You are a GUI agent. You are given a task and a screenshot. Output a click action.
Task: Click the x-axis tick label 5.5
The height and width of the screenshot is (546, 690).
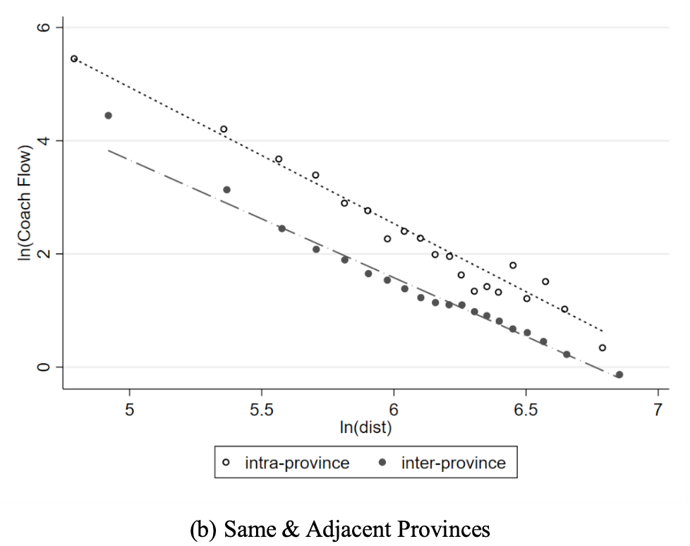pos(262,410)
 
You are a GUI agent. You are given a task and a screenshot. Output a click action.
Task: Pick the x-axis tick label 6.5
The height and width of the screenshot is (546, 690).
pos(526,410)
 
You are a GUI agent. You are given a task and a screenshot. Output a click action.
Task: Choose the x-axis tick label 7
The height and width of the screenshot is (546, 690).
pos(658,410)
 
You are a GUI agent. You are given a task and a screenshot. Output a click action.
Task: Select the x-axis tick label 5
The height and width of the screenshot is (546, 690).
pos(130,410)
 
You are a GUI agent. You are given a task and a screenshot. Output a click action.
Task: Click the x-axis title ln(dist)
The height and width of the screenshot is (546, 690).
pos(365,427)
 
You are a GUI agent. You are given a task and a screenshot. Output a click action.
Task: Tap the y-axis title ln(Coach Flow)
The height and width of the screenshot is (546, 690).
pos(25,205)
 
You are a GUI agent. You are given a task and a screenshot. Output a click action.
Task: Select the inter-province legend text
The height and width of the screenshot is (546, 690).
pos(454,463)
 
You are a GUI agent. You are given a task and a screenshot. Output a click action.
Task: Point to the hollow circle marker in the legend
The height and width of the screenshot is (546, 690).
pos(226,463)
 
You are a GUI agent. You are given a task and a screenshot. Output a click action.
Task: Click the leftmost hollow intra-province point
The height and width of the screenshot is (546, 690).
pos(74,59)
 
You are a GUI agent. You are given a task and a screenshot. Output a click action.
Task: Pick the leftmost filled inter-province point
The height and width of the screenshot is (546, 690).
pos(108,115)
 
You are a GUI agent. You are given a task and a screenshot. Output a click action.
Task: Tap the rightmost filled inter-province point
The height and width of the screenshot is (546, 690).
pos(619,375)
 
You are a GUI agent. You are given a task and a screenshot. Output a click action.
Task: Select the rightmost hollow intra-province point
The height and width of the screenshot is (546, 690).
pos(602,348)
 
